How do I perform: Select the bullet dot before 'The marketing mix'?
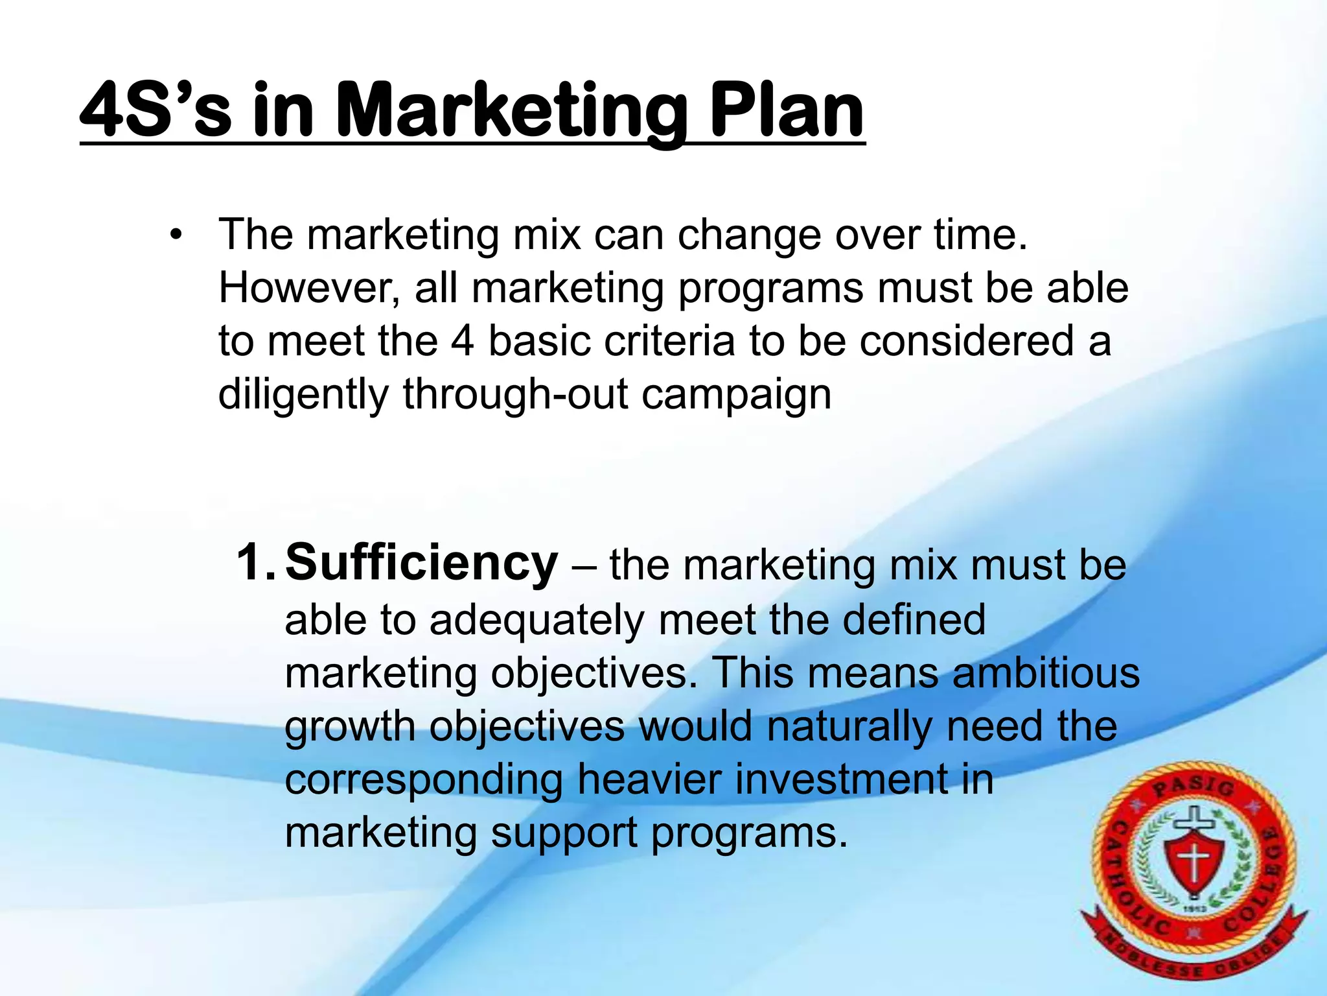point(174,235)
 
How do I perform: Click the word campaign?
point(736,395)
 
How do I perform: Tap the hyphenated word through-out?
point(515,395)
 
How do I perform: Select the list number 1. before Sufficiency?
point(255,563)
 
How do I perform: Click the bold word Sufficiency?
point(421,563)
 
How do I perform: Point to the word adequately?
point(537,620)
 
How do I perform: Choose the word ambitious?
point(1046,673)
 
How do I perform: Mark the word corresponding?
point(424,779)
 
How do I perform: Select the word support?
point(564,833)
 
